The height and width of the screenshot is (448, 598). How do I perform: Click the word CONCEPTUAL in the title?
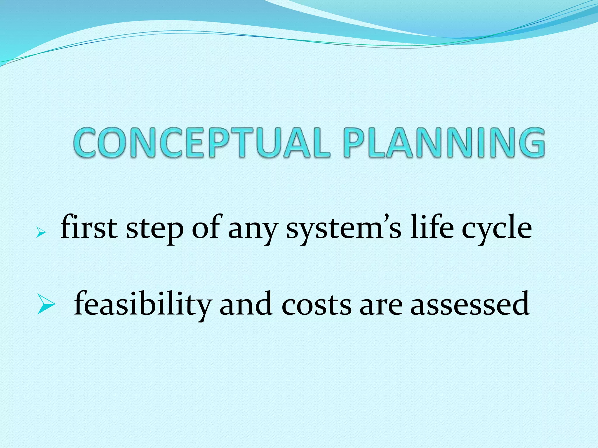201,143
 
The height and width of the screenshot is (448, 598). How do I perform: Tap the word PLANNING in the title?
444,143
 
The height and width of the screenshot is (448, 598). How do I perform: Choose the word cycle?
497,229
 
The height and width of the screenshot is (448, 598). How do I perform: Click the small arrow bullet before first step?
40,233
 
